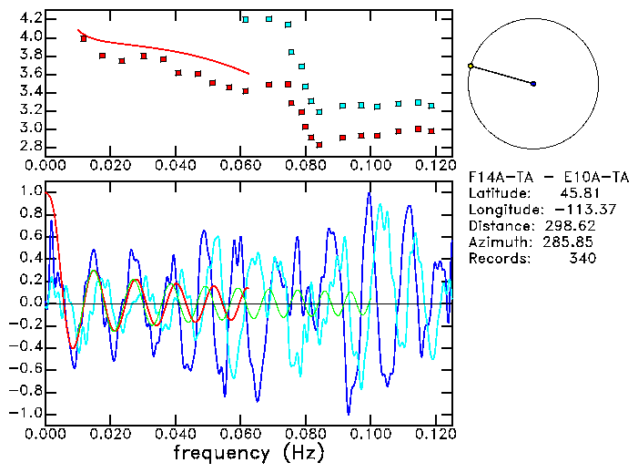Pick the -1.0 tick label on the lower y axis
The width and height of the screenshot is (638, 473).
(x=26, y=413)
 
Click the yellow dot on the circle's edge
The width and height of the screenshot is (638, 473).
(x=471, y=67)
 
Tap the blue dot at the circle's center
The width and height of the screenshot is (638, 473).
(x=533, y=84)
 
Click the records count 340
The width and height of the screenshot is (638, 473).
(x=582, y=259)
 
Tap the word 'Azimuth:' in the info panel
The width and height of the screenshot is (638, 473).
(x=499, y=242)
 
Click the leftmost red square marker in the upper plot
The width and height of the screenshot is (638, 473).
(x=84, y=38)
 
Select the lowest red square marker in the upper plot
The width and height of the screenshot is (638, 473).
(x=319, y=144)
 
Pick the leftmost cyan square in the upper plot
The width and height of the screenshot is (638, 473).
(x=245, y=19)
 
